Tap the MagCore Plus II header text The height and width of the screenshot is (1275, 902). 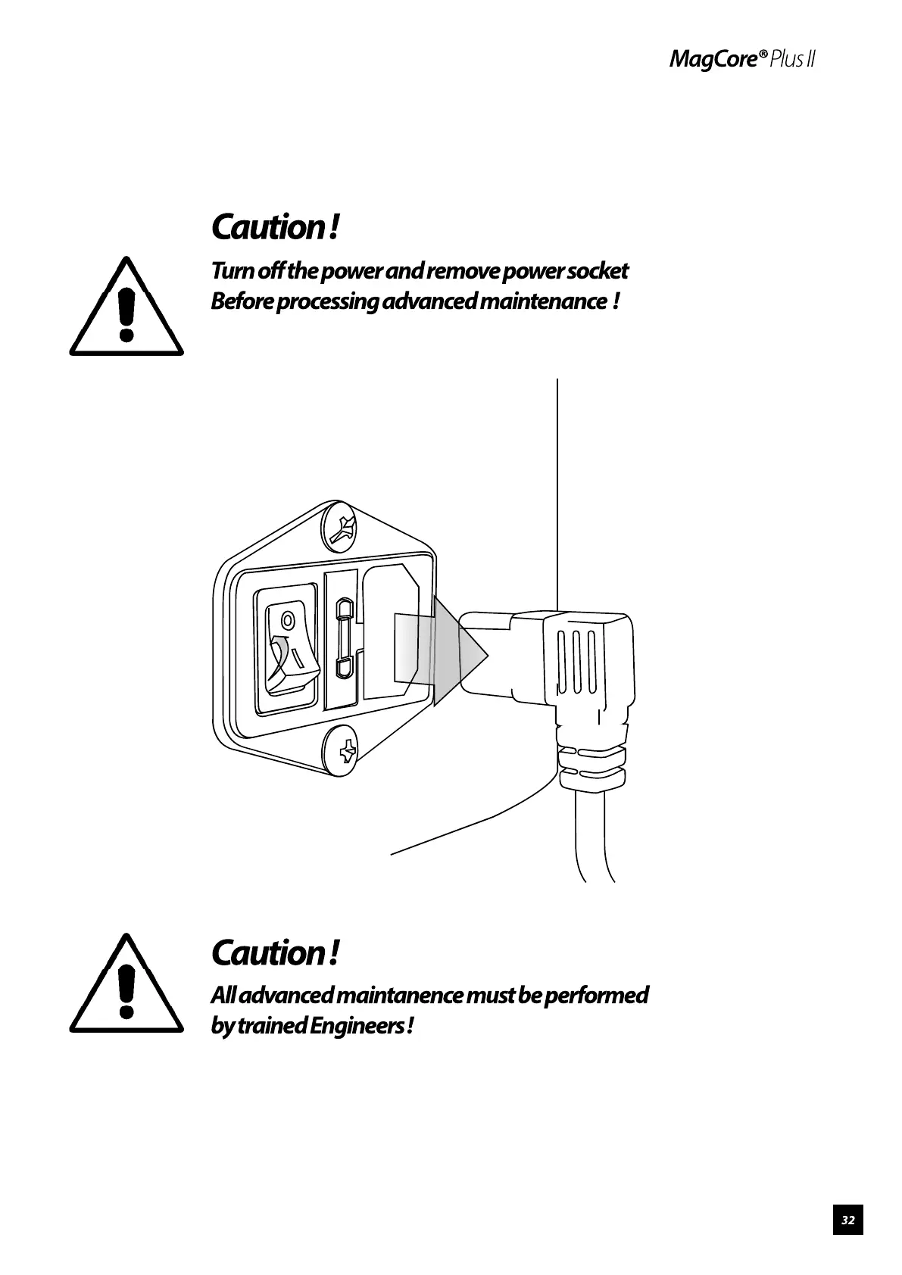[x=741, y=60]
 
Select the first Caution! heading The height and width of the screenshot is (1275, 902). [x=273, y=226]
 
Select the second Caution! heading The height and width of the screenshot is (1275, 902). [x=273, y=952]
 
